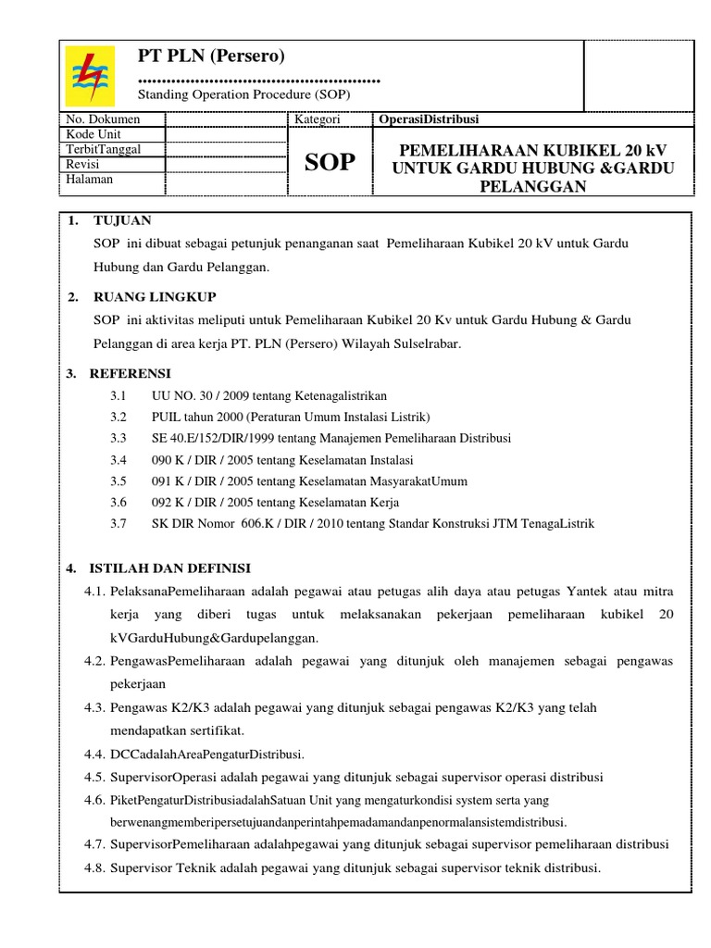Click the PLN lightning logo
tap(90, 75)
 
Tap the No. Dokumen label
tap(103, 119)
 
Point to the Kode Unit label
tap(94, 134)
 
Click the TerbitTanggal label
tap(104, 149)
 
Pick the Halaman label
tap(90, 179)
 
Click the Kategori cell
tap(318, 119)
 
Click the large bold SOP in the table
tap(329, 163)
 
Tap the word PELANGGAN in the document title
tap(532, 185)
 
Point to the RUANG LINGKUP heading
tap(155, 297)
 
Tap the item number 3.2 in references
tap(118, 417)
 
